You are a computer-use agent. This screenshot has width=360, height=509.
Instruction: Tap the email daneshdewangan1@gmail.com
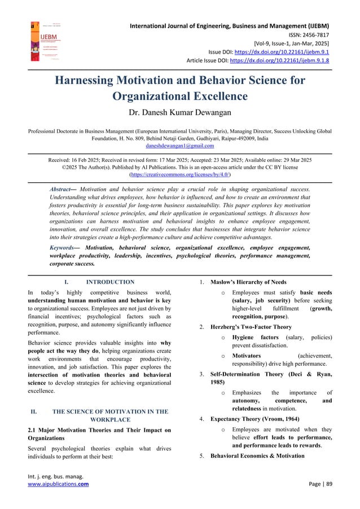pos(180,146)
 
